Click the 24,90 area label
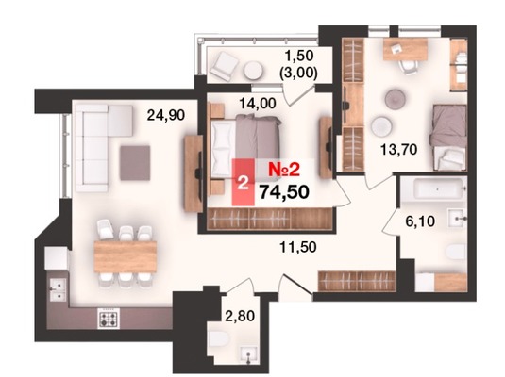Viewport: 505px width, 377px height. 166,115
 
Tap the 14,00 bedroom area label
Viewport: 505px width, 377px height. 258,104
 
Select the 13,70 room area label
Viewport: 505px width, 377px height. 398,149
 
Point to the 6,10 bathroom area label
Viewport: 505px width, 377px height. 420,221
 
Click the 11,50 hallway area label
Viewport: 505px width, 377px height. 298,247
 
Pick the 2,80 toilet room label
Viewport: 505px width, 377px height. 240,316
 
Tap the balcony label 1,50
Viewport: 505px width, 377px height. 299,56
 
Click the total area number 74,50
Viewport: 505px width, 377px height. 285,192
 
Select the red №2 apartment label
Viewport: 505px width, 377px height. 284,170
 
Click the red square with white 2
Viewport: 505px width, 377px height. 244,183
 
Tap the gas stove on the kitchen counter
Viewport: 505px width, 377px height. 109,319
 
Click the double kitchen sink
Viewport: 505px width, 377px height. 59,289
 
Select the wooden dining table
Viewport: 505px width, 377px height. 126,256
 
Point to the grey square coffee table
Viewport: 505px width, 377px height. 135,163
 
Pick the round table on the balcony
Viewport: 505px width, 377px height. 253,71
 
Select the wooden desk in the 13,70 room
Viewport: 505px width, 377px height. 406,49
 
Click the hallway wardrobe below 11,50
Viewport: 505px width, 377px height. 357,281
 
